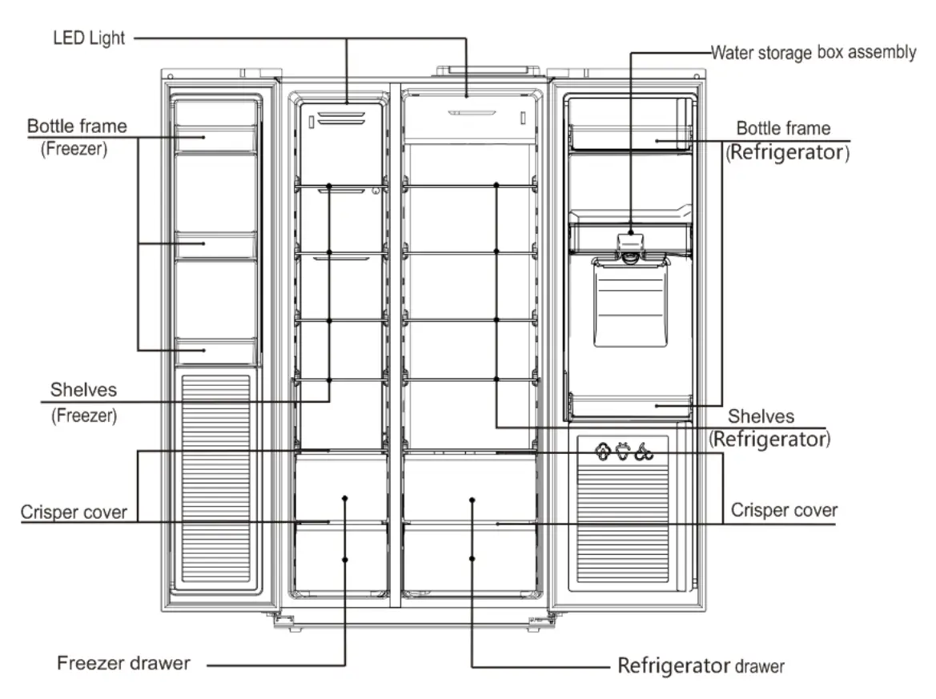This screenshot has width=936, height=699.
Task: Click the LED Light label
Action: (x=89, y=38)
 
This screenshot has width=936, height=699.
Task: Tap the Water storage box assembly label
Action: (x=813, y=53)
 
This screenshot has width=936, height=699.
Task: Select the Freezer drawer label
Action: (x=123, y=663)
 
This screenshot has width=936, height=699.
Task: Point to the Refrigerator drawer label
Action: (x=701, y=665)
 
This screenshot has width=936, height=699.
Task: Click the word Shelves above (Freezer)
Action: (x=83, y=390)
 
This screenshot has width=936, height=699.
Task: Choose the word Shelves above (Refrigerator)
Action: (x=761, y=416)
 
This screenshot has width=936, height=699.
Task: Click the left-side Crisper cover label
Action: (x=74, y=512)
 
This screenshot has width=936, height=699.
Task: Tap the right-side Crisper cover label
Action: (x=784, y=510)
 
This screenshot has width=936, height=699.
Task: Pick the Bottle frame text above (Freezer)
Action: (x=77, y=126)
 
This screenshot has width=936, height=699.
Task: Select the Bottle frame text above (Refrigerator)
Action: (x=783, y=128)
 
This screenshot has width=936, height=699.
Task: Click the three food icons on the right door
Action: (x=624, y=452)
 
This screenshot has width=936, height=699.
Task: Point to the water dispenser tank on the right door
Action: (x=630, y=303)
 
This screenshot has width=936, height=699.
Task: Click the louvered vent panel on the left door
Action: (x=215, y=479)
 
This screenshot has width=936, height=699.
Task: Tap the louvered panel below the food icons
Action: (x=623, y=521)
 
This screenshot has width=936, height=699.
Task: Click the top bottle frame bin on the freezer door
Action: (x=215, y=138)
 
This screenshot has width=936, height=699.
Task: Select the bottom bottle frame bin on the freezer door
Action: (x=215, y=352)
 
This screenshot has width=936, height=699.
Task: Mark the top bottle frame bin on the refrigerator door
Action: (x=630, y=137)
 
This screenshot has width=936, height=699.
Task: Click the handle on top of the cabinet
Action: (x=488, y=71)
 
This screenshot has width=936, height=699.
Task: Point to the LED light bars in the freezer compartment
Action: (x=341, y=118)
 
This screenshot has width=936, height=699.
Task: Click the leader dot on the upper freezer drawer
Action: (x=345, y=498)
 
